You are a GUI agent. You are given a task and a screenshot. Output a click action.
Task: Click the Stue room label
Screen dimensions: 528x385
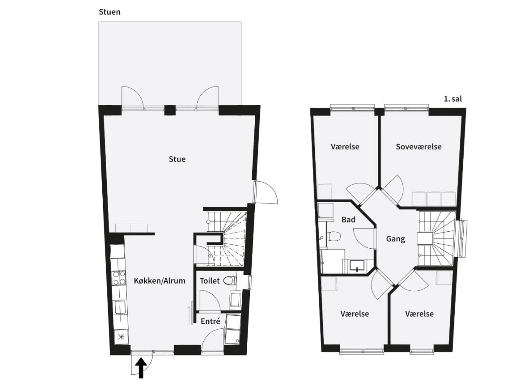coord(177,159)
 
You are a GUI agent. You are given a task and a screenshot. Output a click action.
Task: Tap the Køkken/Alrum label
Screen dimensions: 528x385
coord(159,281)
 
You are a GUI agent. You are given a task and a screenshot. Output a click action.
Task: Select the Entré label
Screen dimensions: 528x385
coord(211,321)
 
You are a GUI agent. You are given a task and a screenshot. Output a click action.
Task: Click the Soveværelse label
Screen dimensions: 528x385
coord(419,147)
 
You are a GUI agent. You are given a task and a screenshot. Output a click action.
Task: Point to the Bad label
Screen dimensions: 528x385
coord(348,220)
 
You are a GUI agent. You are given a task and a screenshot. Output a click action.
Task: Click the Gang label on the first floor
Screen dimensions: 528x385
coord(395,239)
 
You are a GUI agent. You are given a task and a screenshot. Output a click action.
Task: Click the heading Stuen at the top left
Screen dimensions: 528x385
coord(110,12)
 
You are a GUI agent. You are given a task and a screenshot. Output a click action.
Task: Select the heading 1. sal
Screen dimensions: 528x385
coord(453,99)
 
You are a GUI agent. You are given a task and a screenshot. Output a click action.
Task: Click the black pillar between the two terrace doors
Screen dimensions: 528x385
coord(170,110)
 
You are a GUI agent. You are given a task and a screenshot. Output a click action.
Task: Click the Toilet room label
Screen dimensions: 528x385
coord(210,281)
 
